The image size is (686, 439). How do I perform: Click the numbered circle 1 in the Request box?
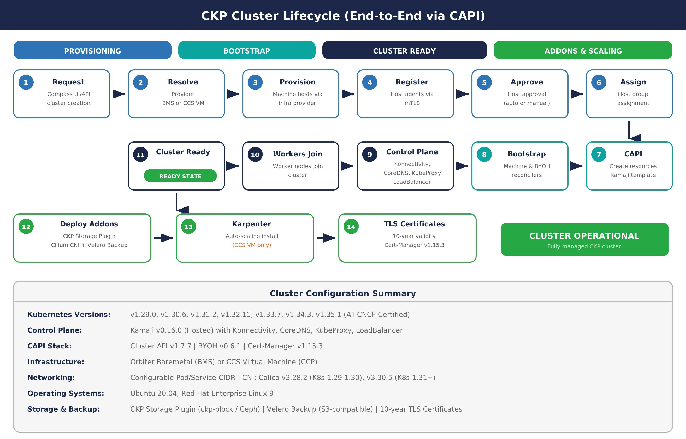click(x=26, y=82)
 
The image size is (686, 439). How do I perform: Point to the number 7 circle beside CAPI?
click(x=599, y=155)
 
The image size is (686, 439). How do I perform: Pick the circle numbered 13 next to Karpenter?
click(x=188, y=227)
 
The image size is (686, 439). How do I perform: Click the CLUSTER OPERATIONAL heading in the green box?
click(x=584, y=236)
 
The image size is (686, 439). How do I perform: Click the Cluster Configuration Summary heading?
click(x=343, y=293)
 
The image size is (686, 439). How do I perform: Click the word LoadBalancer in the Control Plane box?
click(x=412, y=182)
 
